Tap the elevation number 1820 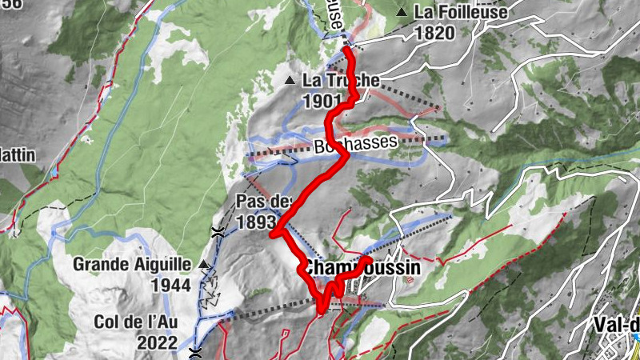coord(434,33)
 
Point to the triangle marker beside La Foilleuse coord(401,12)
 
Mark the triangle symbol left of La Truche coord(290,80)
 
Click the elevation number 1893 coord(255,222)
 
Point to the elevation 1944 coord(172,285)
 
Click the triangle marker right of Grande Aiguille coord(206,264)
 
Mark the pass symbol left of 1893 coord(217,232)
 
